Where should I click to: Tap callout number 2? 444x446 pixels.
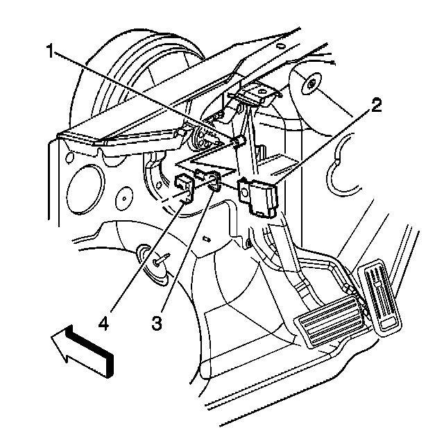(x=375, y=106)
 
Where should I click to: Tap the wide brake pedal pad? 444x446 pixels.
(x=330, y=322)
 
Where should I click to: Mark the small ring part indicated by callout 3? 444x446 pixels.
(x=214, y=183)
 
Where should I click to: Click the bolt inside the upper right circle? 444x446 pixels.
(x=312, y=84)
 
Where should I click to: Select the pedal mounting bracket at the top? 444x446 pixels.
(x=254, y=94)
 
